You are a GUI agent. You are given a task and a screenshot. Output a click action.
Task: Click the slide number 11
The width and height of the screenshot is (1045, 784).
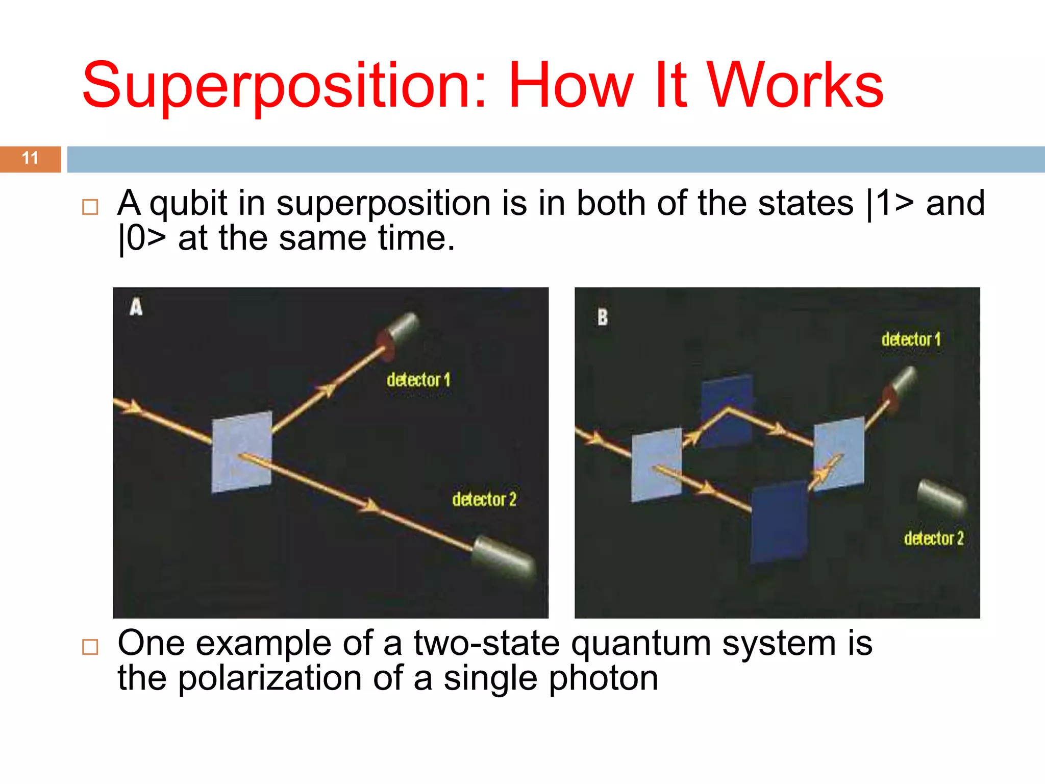point(30,158)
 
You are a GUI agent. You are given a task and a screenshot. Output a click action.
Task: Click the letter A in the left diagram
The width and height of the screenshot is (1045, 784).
point(136,307)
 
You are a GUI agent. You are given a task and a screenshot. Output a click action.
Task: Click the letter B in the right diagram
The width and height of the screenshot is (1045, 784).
point(603,317)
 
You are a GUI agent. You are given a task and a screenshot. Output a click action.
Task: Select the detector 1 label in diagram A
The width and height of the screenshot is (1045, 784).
point(418,380)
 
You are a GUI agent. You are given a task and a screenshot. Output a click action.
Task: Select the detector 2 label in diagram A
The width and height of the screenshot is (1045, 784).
point(484,499)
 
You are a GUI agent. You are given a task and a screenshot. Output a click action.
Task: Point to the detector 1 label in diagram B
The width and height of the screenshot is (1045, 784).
point(911,339)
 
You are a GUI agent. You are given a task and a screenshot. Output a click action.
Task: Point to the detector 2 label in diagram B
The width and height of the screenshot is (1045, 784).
point(934,538)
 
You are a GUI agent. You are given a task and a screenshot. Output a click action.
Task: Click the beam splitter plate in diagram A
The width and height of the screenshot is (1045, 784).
point(241,452)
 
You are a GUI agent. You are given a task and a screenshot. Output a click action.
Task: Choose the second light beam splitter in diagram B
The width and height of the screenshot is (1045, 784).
point(839,453)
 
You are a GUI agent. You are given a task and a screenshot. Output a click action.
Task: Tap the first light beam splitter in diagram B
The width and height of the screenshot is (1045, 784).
point(656,464)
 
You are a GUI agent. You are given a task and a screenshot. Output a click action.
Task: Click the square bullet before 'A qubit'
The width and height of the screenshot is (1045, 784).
point(90,207)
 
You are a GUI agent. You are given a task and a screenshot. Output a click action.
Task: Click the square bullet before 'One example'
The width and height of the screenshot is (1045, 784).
point(90,647)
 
